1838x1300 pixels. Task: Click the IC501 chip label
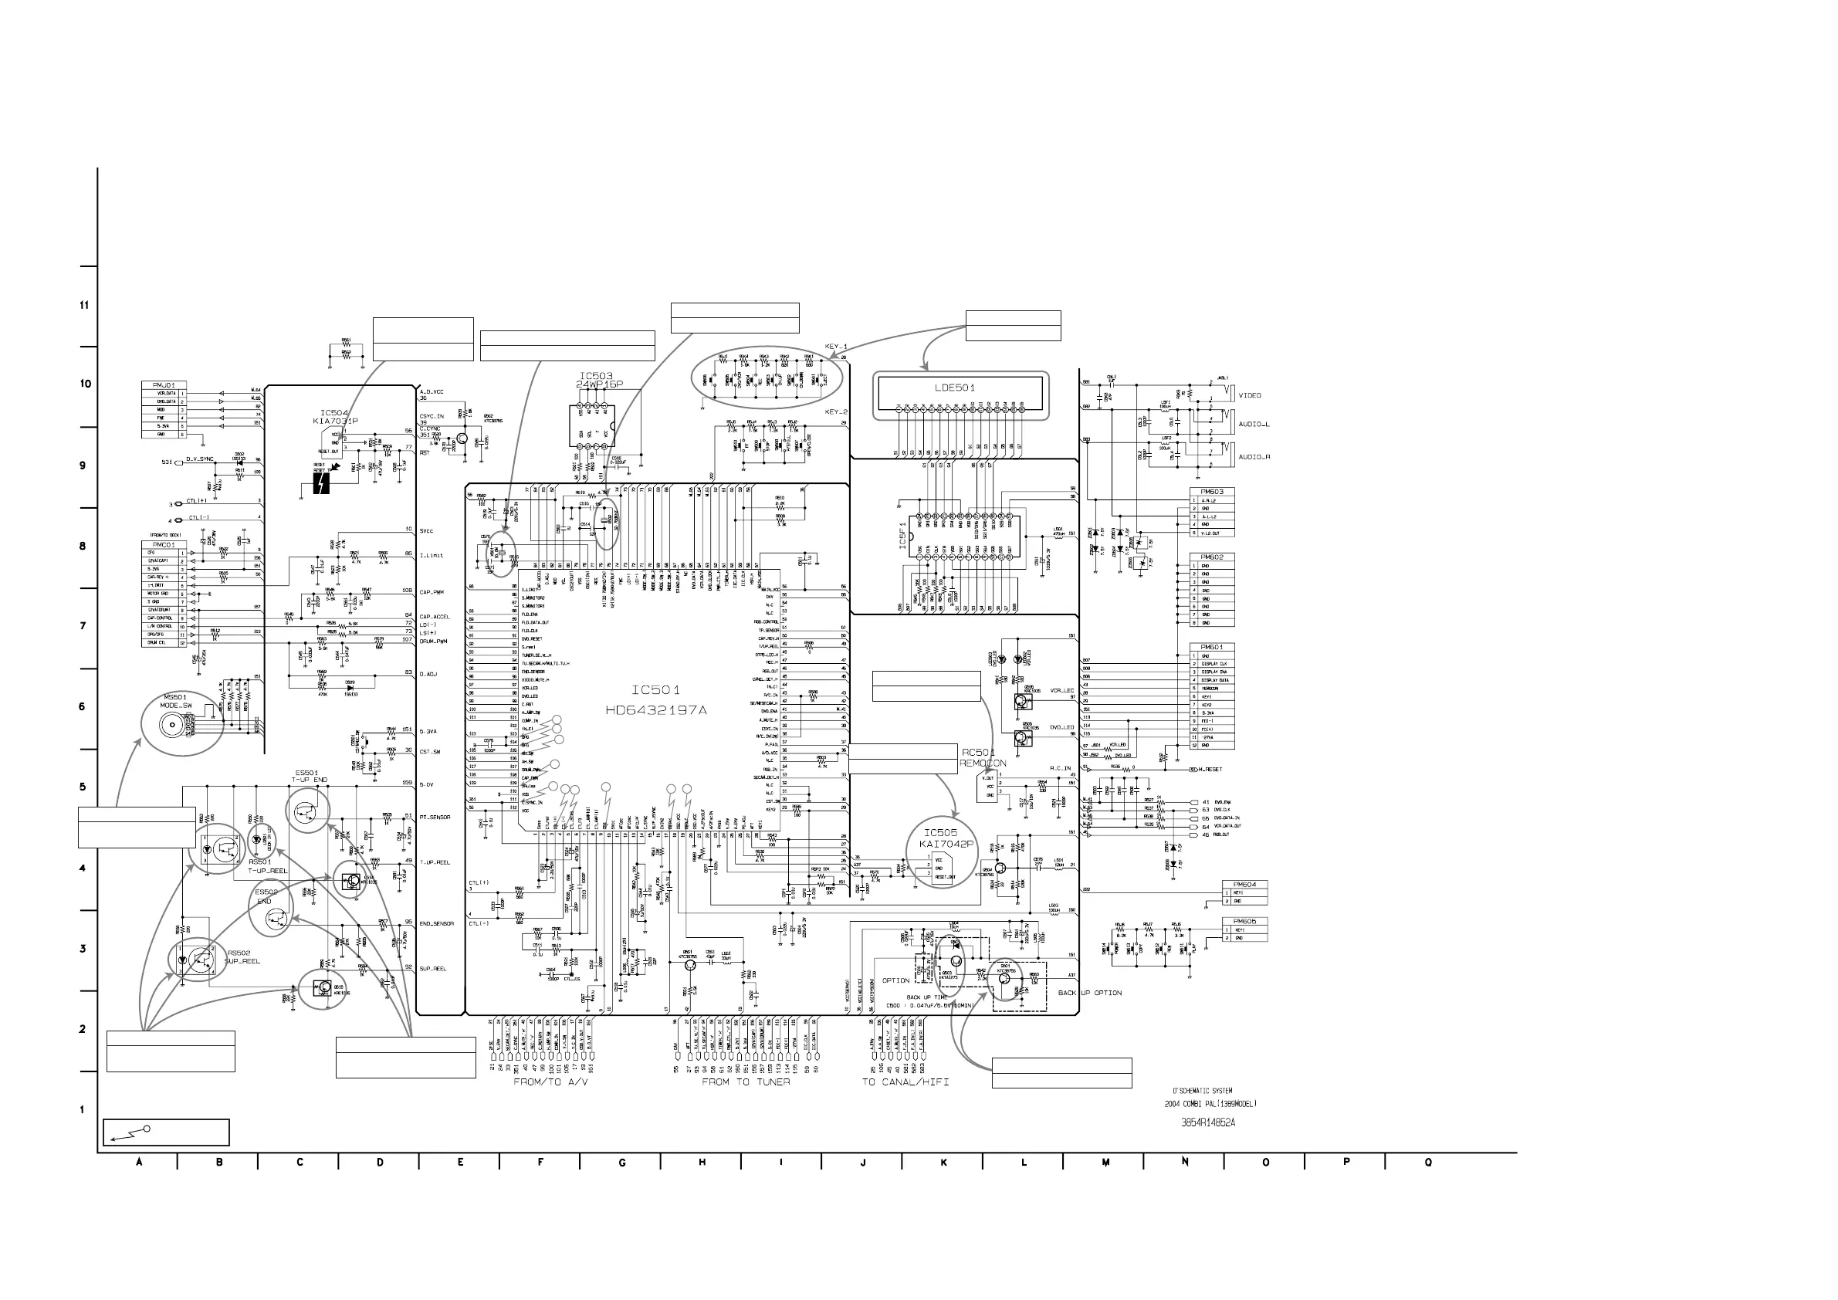click(x=655, y=690)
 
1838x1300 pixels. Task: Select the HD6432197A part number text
click(x=656, y=710)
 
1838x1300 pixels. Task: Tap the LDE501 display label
click(x=955, y=388)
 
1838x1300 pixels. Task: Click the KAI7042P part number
click(x=947, y=845)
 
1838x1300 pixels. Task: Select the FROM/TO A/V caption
click(x=550, y=1082)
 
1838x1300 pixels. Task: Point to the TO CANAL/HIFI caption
click(x=905, y=1082)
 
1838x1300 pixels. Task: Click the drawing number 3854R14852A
click(x=1208, y=1122)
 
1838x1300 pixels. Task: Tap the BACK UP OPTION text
click(x=1089, y=993)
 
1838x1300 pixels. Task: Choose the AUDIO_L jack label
click(x=1254, y=425)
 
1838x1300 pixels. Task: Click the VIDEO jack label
click(x=1250, y=395)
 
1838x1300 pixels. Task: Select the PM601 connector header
click(x=1211, y=647)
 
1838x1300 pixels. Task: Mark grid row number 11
click(x=84, y=305)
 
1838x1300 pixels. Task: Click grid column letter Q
click(x=1428, y=1163)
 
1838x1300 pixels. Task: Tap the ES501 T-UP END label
click(x=309, y=776)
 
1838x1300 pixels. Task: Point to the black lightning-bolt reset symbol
click(x=321, y=482)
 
